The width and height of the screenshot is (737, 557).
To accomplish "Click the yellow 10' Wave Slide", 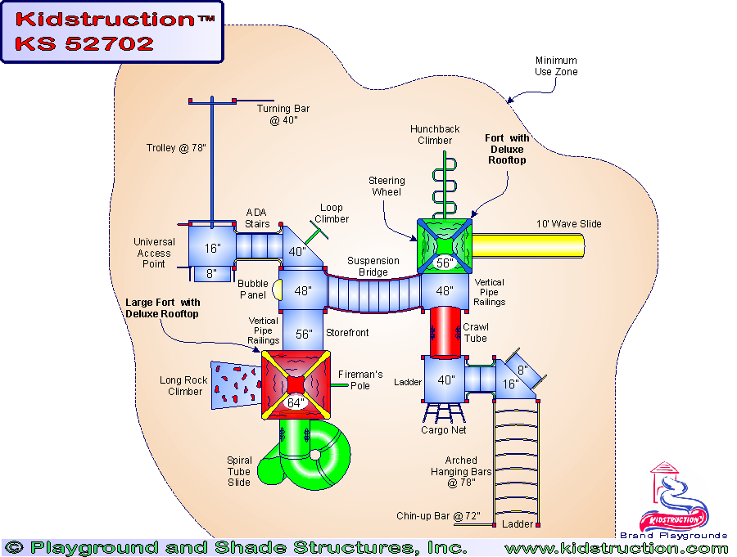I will pyautogui.click(x=529, y=246).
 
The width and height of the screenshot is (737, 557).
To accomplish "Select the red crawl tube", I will pyautogui.click(x=445, y=331).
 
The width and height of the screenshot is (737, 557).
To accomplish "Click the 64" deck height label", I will pyautogui.click(x=295, y=402).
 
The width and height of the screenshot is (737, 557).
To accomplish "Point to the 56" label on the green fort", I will pyautogui.click(x=445, y=263).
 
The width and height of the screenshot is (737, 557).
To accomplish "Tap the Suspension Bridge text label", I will pyautogui.click(x=373, y=267).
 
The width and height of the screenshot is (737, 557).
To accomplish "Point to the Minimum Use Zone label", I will pyautogui.click(x=556, y=66).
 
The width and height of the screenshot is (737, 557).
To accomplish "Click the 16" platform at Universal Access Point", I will pyautogui.click(x=211, y=248).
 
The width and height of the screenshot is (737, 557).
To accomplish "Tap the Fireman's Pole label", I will pyautogui.click(x=362, y=380).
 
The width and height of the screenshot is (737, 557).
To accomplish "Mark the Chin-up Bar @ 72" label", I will pyautogui.click(x=438, y=516).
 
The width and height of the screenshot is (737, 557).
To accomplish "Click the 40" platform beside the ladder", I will pyautogui.click(x=445, y=380).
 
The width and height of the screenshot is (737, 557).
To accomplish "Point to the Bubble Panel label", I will pyautogui.click(x=253, y=290).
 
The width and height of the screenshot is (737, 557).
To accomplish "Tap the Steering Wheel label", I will pyautogui.click(x=387, y=186).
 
